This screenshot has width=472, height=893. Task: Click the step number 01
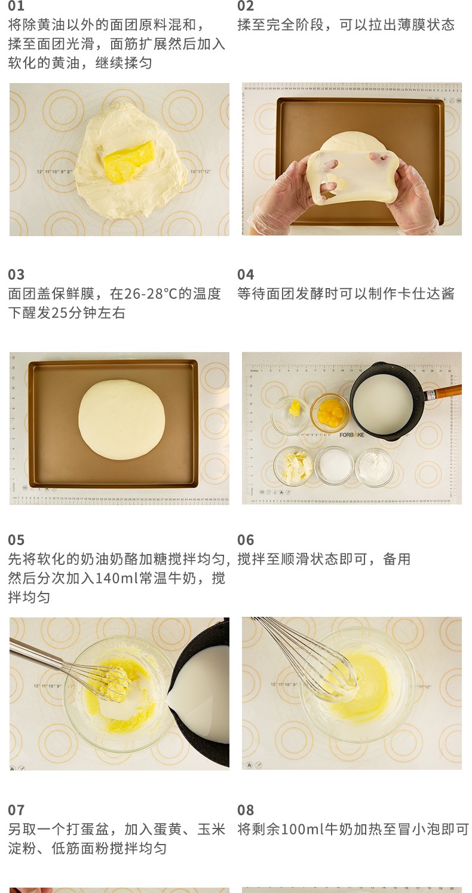[16, 5]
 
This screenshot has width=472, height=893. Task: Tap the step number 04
[246, 274]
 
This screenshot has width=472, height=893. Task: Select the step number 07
[16, 810]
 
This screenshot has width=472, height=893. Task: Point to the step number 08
[246, 810]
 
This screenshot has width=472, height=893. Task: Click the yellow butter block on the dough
[129, 161]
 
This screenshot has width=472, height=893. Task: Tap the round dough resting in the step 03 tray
[121, 420]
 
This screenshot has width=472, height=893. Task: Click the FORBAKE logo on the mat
[351, 435]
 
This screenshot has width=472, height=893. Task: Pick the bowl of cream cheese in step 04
[294, 466]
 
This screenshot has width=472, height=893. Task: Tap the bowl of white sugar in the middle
[334, 466]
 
